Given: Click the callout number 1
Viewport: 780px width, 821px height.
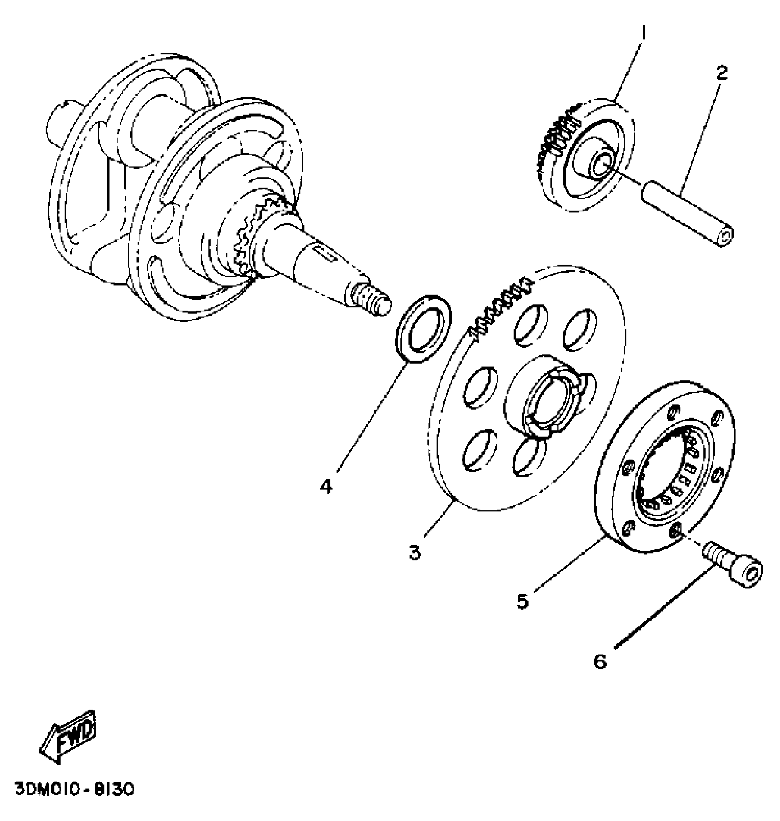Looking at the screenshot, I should [643, 33].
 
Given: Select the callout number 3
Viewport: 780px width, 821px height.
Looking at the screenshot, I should [415, 552].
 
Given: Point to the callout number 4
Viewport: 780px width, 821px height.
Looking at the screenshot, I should [326, 486].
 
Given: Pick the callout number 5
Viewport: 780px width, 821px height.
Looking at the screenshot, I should [523, 601].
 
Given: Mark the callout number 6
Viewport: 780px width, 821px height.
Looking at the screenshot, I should [600, 661].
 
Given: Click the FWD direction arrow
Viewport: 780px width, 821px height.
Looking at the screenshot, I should [69, 735].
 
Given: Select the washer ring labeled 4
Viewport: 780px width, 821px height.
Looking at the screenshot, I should [423, 329].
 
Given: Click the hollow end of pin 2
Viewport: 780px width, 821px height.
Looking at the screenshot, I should [725, 237].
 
